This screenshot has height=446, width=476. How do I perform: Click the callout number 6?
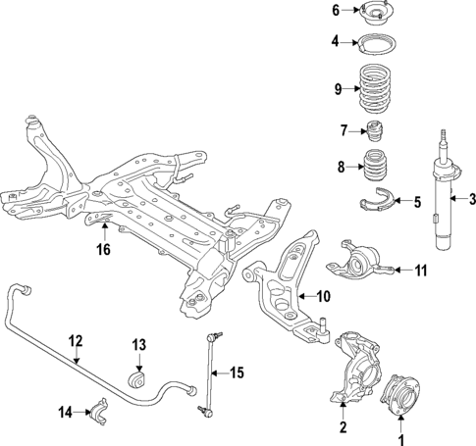tap(335, 11)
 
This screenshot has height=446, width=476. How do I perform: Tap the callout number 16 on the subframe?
tap(104, 249)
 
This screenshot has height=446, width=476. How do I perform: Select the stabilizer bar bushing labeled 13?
tap(137, 377)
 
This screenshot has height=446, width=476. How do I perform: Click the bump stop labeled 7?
tap(373, 131)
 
